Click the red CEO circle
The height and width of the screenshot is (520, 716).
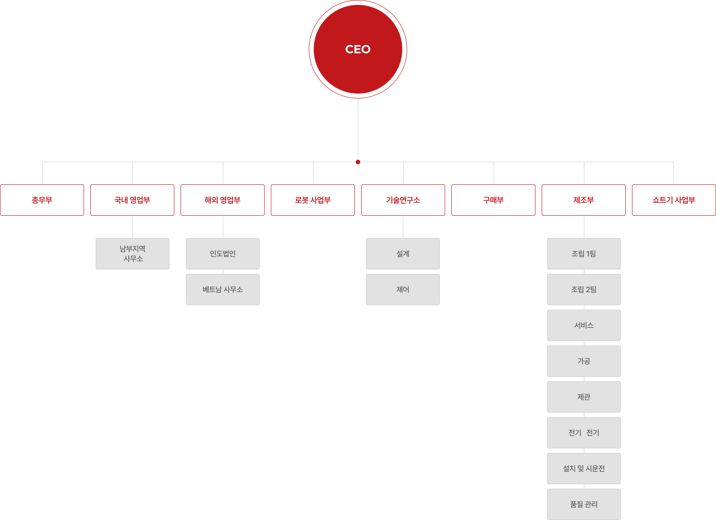click(x=358, y=49)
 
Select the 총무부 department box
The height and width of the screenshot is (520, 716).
click(x=42, y=200)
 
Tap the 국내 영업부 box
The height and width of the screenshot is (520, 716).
click(x=132, y=200)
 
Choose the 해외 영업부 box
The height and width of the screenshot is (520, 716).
click(x=223, y=200)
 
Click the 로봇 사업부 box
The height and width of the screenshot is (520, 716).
click(x=313, y=200)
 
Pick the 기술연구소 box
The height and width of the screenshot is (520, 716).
click(x=403, y=200)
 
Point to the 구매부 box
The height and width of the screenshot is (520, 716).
click(x=493, y=200)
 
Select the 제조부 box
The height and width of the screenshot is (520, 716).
click(x=584, y=200)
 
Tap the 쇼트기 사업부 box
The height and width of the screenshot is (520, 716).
click(x=674, y=200)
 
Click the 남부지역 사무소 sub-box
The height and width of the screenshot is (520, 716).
click(x=133, y=254)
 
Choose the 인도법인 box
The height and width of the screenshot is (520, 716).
click(x=223, y=254)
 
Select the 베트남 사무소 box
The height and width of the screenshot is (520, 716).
click(x=223, y=290)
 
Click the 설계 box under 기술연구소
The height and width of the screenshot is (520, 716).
click(x=403, y=254)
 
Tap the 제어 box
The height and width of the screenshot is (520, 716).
click(x=403, y=290)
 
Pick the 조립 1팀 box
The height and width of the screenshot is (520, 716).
click(x=584, y=254)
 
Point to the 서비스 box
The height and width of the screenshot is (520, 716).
click(x=584, y=325)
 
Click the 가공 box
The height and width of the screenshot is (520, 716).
click(x=584, y=361)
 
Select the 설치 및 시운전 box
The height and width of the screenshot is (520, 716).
click(x=584, y=469)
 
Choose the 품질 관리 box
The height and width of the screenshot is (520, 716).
click(x=584, y=504)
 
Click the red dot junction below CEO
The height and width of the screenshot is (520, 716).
click(x=358, y=162)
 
